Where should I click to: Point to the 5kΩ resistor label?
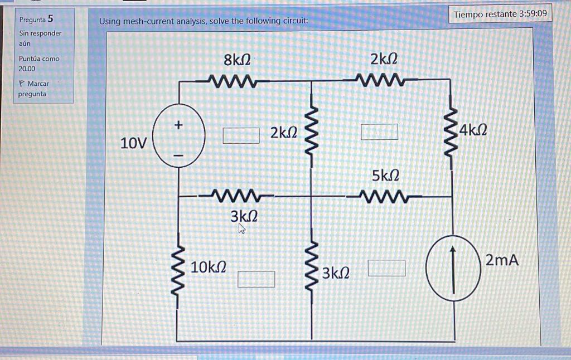pyautogui.click(x=385, y=176)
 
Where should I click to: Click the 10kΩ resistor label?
pyautogui.click(x=209, y=267)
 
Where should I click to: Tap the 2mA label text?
pyautogui.click(x=502, y=260)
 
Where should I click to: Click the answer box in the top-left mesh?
pyautogui.click(x=241, y=135)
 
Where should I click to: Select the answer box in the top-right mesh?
pyautogui.click(x=379, y=132)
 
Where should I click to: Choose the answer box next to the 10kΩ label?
pyautogui.click(x=257, y=279)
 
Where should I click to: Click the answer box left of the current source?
pyautogui.click(x=386, y=268)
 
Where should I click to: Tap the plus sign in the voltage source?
pyautogui.click(x=178, y=126)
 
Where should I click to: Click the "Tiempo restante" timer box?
pyautogui.click(x=500, y=13)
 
